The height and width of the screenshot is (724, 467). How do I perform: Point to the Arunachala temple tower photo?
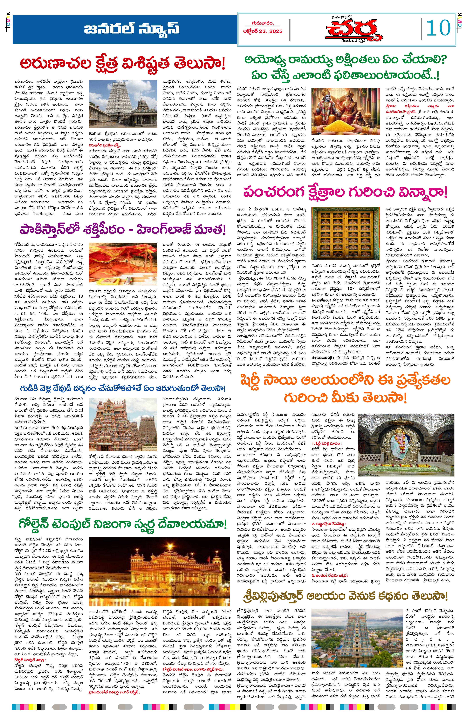123,104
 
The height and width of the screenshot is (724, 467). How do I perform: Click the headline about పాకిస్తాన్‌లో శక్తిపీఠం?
123,230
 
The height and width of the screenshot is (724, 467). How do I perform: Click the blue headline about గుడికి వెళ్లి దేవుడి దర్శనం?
123,388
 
